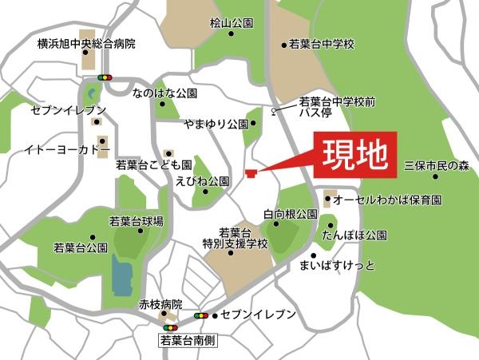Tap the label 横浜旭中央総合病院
(x=86, y=43)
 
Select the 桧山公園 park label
(x=232, y=25)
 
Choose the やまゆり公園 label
(x=216, y=124)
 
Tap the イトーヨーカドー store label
(x=66, y=149)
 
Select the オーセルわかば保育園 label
(x=387, y=198)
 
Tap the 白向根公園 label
(x=291, y=214)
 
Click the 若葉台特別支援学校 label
(x=236, y=237)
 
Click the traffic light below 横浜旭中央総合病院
(x=104, y=77)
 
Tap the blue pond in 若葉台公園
(x=122, y=275)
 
